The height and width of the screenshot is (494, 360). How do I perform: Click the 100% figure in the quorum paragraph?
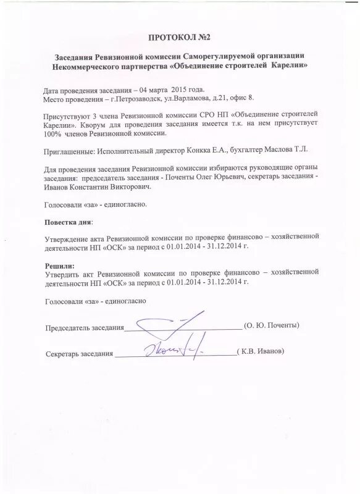point(54,133)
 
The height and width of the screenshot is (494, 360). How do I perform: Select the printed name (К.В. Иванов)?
point(261,351)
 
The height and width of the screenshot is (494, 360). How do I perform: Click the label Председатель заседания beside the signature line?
point(85,327)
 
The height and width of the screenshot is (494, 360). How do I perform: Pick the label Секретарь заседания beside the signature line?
point(79,353)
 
